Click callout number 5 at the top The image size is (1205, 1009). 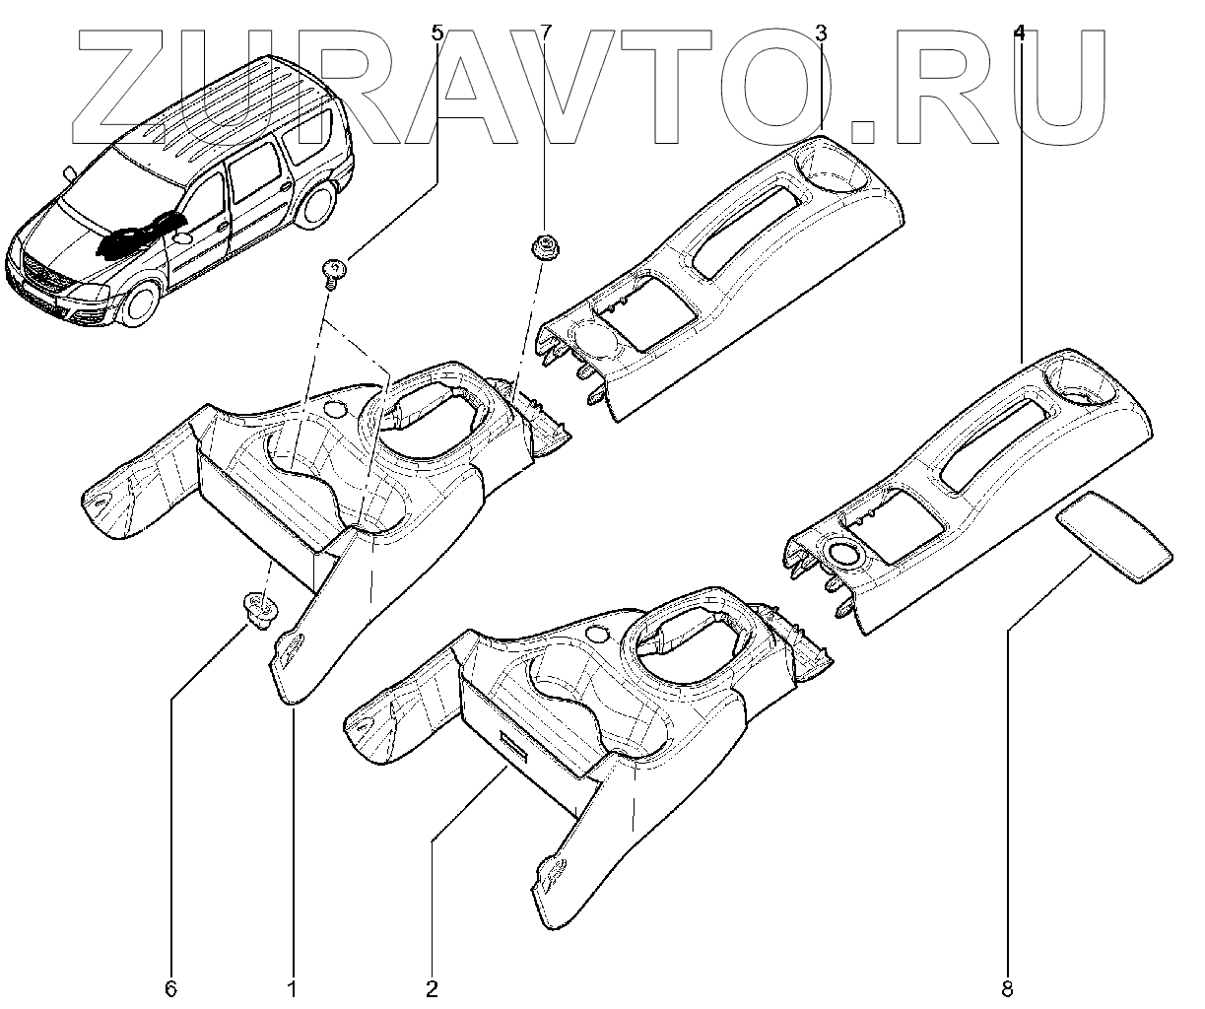(x=438, y=34)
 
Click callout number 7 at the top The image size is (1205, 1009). (x=547, y=34)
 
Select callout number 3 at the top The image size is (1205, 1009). (x=822, y=34)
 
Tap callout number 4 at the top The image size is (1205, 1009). (x=1019, y=34)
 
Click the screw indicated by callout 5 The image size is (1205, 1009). (x=335, y=269)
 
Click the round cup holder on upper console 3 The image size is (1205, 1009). (x=837, y=168)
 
